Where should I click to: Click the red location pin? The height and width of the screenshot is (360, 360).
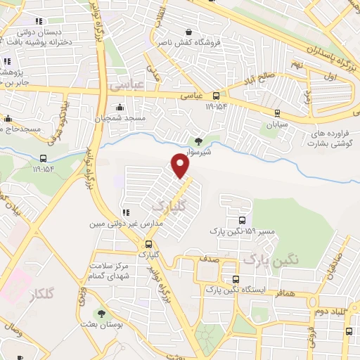pos(181,166)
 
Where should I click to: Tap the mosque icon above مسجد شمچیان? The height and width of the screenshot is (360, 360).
pos(120,108)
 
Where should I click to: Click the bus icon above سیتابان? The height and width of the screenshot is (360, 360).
pos(277,112)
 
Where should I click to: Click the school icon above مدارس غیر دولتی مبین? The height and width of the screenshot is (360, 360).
pos(125,213)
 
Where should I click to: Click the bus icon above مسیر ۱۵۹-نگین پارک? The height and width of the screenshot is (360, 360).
pos(243,219)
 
